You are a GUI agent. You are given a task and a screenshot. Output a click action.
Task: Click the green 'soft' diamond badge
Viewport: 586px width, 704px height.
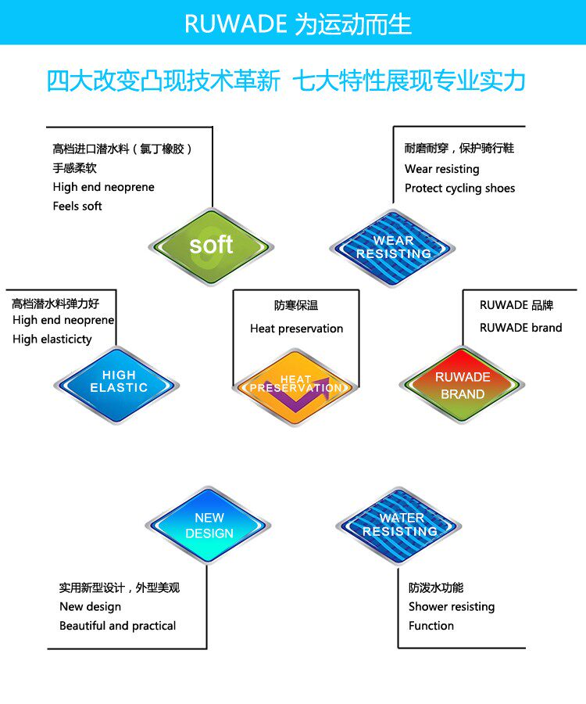211,245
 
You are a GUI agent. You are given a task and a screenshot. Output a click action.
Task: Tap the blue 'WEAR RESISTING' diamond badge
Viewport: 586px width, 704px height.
393,247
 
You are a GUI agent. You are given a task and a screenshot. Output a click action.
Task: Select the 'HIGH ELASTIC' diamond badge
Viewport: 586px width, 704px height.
118,383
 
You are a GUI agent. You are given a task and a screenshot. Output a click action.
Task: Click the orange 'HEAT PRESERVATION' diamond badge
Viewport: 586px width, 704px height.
295,385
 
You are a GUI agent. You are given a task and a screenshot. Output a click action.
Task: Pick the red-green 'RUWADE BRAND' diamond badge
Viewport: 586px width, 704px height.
463,385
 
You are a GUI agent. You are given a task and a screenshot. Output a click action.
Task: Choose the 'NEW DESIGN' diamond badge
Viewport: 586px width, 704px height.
209,526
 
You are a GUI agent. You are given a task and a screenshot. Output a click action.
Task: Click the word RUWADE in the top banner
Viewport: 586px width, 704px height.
236,24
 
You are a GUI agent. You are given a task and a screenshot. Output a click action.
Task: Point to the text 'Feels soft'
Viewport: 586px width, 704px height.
77,207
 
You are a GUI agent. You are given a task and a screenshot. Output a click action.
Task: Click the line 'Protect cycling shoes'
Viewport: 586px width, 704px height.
459,188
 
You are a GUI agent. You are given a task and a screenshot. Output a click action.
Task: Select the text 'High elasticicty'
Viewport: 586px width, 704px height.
52,339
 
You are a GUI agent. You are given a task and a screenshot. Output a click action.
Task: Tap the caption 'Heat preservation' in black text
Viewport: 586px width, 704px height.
296,329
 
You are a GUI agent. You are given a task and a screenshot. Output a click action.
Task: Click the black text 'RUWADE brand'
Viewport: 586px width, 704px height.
520,328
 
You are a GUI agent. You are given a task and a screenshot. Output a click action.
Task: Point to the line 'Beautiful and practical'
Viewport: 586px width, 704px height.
117,626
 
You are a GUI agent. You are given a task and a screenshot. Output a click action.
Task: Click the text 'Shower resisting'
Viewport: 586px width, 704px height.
451,607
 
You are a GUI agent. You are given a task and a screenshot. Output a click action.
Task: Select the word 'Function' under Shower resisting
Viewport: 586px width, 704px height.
431,626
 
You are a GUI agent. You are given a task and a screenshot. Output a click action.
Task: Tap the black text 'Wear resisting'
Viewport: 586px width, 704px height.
441,169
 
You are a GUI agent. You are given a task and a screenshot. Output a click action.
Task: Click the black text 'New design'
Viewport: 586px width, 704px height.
90,607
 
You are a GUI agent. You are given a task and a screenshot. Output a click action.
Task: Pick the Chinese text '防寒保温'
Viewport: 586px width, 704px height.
296,306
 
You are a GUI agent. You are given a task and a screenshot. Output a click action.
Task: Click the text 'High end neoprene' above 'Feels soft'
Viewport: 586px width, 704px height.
103,188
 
